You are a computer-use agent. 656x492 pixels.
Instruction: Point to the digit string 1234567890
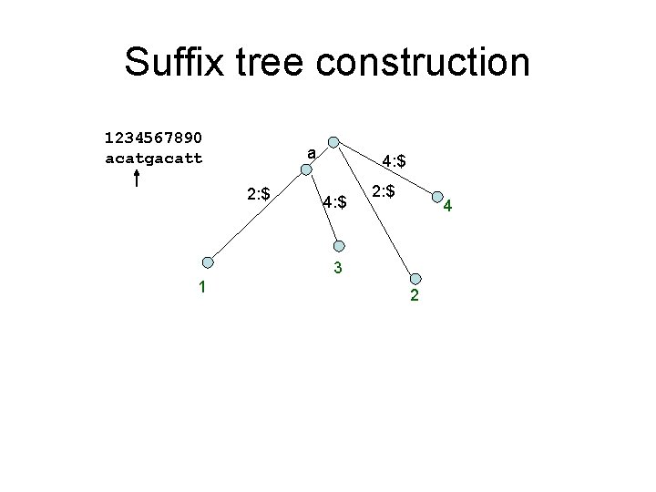pyautogui.click(x=154, y=138)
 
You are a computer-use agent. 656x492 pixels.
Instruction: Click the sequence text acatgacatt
pyautogui.click(x=154, y=159)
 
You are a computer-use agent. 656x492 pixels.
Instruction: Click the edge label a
pyautogui.click(x=312, y=154)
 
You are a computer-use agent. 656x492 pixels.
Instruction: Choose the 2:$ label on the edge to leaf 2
pyautogui.click(x=383, y=191)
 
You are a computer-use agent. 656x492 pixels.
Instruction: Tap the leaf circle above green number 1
pyautogui.click(x=208, y=262)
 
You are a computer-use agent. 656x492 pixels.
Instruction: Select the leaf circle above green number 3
pyautogui.click(x=339, y=245)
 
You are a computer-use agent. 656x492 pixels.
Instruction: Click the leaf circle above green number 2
pyautogui.click(x=415, y=279)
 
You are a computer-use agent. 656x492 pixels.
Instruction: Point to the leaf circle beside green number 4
pyautogui.click(x=437, y=197)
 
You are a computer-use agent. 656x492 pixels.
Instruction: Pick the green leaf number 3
pyautogui.click(x=337, y=268)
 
